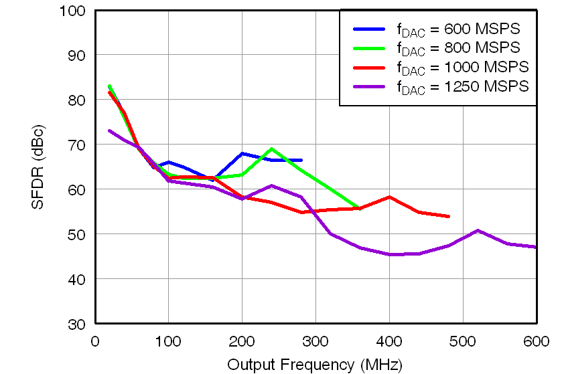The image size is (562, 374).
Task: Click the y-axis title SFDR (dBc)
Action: pyautogui.click(x=38, y=167)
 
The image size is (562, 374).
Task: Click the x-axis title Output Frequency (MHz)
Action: pyautogui.click(x=315, y=365)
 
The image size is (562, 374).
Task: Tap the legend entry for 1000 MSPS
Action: pyautogui.click(x=462, y=67)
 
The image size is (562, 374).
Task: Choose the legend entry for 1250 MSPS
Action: pyautogui.click(x=462, y=86)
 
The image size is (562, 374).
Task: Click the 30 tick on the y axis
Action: pyautogui.click(x=76, y=324)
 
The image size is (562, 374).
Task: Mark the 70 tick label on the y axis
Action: pyautogui.click(x=76, y=145)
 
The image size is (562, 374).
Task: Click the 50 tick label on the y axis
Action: pyautogui.click(x=76, y=234)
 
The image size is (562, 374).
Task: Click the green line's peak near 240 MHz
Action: pyautogui.click(x=271, y=149)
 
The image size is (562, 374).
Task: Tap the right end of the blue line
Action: pyautogui.click(x=301, y=161)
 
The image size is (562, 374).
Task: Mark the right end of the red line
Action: pyautogui.click(x=448, y=217)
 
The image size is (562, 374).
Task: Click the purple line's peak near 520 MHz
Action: pyautogui.click(x=478, y=231)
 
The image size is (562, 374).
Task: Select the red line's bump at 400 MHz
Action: pyautogui.click(x=389, y=197)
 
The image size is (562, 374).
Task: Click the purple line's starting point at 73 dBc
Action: pyautogui.click(x=109, y=130)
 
